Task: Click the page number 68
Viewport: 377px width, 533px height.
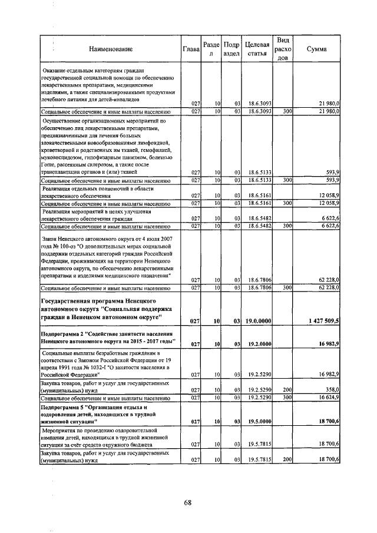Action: coord(188,502)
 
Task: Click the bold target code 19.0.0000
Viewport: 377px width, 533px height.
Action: coord(259,321)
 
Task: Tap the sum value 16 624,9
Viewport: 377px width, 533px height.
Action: coord(327,398)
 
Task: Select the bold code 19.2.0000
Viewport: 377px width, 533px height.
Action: coord(259,343)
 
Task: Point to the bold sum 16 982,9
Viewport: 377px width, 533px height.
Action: coord(327,343)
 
